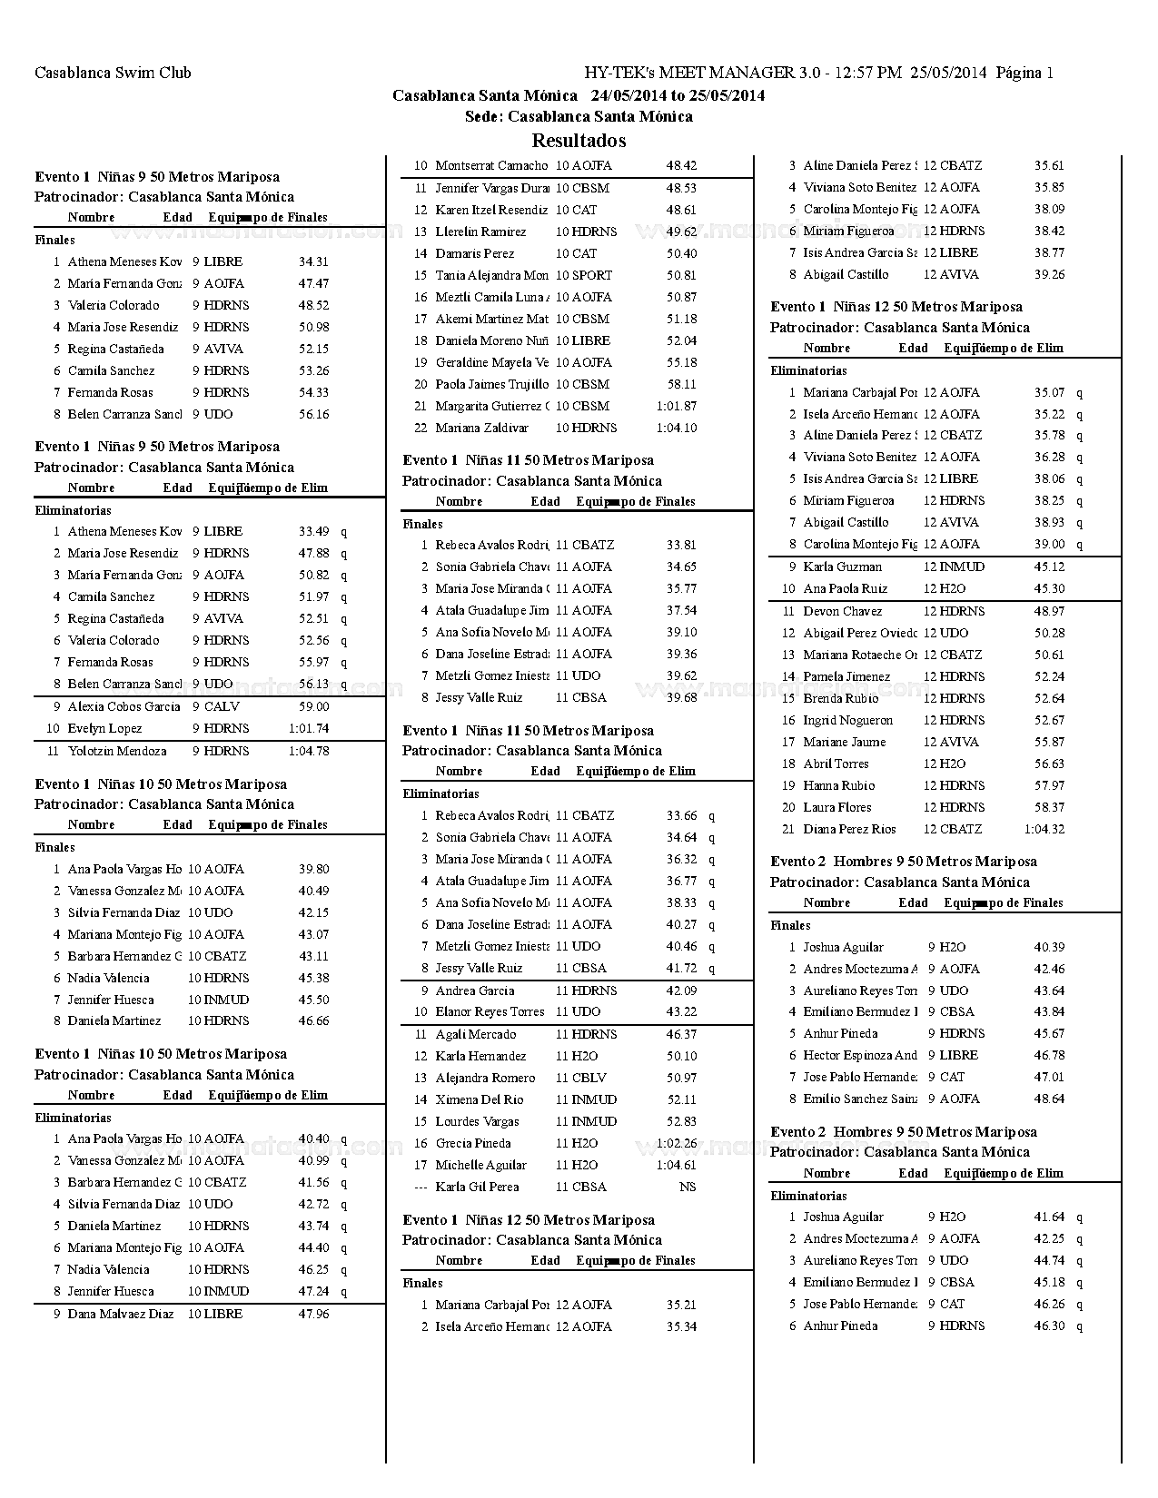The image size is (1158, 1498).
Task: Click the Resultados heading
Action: point(579,141)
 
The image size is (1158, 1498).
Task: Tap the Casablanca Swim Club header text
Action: point(113,74)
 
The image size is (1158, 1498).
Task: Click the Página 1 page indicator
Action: point(1025,74)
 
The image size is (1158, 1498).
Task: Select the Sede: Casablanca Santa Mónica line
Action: point(579,116)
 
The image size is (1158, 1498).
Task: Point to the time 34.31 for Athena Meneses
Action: point(313,261)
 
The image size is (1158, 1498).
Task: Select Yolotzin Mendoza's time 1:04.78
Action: point(309,751)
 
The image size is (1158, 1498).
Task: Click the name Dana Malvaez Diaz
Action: point(120,1314)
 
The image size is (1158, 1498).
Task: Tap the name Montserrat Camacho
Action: point(491,166)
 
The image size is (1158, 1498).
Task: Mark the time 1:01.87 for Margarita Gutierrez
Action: point(677,406)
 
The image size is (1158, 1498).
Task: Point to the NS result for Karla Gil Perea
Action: point(688,1187)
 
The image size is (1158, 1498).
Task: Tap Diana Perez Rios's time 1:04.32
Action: point(1044,829)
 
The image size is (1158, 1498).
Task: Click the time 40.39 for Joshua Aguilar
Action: point(1049,947)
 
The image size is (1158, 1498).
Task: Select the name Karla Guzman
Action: point(842,567)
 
